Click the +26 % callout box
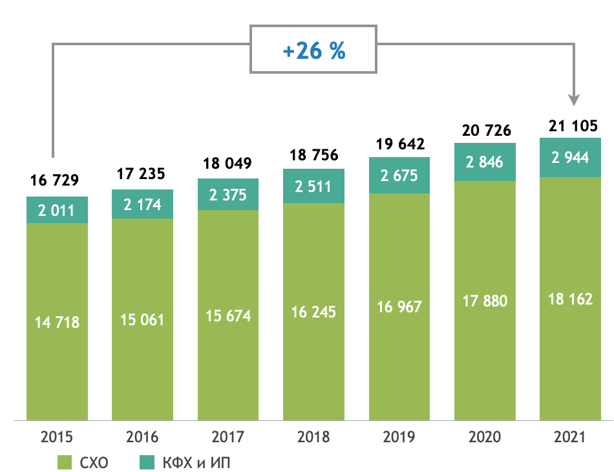click(x=313, y=50)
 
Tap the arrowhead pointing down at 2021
click(x=574, y=100)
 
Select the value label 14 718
click(x=57, y=322)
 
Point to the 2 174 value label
click(x=143, y=205)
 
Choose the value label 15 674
click(x=228, y=316)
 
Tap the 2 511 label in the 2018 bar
click(x=313, y=187)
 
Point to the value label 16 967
click(x=399, y=306)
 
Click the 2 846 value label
click(x=485, y=162)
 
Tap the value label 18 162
click(x=571, y=300)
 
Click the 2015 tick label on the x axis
click(x=57, y=438)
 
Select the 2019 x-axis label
click(x=399, y=438)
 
